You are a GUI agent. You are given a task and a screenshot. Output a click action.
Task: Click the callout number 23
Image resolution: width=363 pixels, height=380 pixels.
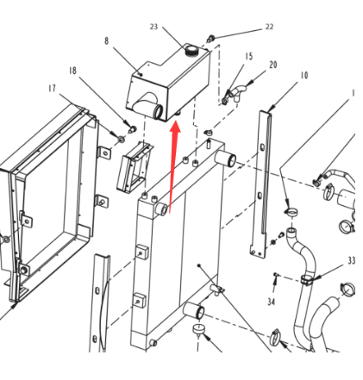coord(153,27)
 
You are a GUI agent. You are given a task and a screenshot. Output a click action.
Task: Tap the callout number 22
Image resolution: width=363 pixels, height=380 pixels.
coord(269,27)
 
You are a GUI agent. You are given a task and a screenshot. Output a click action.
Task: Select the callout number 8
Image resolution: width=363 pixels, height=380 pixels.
coord(106,40)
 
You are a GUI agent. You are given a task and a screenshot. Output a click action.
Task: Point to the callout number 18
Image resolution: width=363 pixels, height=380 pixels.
coord(72,71)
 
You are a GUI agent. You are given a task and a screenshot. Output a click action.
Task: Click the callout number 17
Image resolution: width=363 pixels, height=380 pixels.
coord(52,89)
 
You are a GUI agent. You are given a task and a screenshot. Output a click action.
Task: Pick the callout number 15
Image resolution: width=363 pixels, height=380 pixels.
coord(249,56)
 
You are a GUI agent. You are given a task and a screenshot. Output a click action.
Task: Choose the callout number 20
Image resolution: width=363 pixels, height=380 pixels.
coord(273,65)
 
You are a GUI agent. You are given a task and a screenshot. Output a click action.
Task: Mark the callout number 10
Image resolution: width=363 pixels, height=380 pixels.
coord(304,75)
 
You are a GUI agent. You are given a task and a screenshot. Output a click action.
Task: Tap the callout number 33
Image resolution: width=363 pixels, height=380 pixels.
coord(352,260)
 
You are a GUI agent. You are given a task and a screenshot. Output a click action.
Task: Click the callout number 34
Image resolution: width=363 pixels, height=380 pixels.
coord(272,302)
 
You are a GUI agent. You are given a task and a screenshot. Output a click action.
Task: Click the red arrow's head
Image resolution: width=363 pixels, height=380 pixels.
coord(175,128)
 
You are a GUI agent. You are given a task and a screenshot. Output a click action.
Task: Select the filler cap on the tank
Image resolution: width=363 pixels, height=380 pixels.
coord(191,50)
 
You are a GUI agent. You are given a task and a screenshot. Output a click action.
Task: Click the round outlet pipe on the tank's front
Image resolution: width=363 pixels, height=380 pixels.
coord(158,111)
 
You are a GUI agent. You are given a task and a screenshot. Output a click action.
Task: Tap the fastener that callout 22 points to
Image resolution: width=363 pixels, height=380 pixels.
coord(211,38)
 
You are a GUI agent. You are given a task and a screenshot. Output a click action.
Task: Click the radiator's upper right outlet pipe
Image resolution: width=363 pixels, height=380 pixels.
coord(226,159)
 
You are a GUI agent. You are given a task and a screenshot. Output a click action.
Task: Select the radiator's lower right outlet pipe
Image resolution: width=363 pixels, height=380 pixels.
coord(194,310)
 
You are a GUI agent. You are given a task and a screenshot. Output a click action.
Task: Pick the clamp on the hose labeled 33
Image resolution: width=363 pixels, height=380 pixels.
coord(306,280)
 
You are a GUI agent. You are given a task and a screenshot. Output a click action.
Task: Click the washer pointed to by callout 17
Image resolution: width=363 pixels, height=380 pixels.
coord(121,139)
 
